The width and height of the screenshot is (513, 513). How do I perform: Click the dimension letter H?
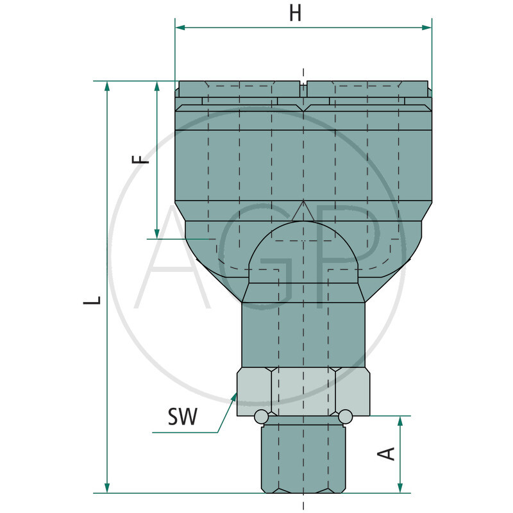pos(296,14)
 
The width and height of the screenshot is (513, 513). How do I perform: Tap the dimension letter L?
pos(92,300)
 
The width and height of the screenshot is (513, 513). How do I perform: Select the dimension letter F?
pos(140,159)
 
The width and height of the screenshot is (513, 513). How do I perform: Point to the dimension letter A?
pos(386,454)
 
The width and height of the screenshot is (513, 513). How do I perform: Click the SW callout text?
pos(183,416)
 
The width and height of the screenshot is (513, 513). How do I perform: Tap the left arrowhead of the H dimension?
pos(180,28)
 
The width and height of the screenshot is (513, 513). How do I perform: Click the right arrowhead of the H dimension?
pos(426,28)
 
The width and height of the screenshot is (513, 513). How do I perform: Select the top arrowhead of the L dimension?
pos(106,87)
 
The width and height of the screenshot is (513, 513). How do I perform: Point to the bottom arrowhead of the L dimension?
pos(106,487)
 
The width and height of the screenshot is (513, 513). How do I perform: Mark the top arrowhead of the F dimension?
pos(156,87)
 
